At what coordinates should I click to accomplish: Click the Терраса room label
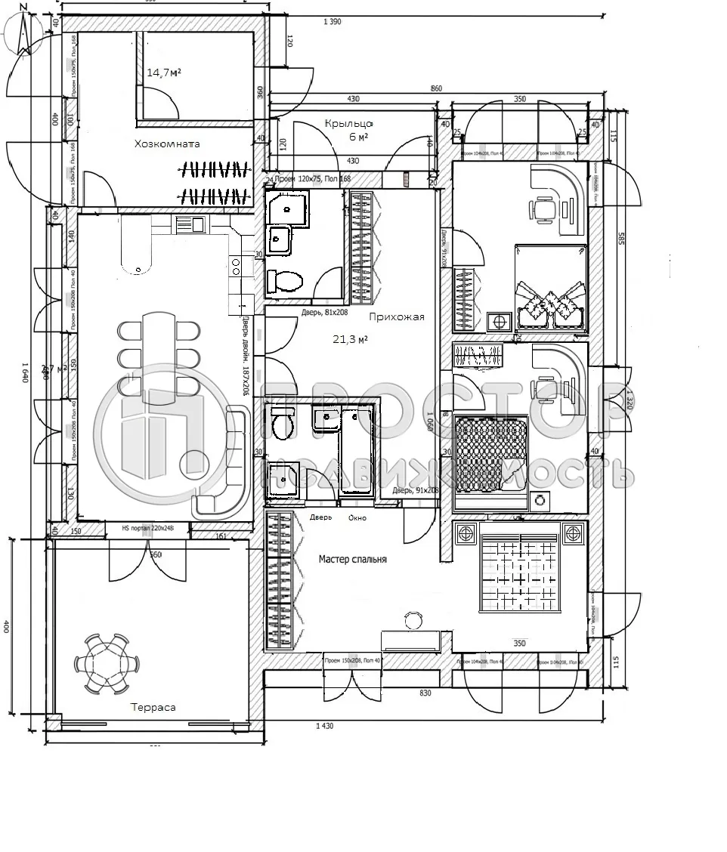point(153,707)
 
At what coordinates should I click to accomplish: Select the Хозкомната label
point(167,144)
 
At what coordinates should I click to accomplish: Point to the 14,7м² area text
point(164,73)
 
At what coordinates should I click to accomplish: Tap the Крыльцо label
point(349,123)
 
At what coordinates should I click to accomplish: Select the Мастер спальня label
point(352,559)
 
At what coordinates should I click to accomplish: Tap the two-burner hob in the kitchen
point(235,266)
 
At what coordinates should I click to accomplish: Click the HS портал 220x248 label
point(148,529)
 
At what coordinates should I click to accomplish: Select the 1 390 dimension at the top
point(332,22)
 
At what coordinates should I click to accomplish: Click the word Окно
point(357,518)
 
